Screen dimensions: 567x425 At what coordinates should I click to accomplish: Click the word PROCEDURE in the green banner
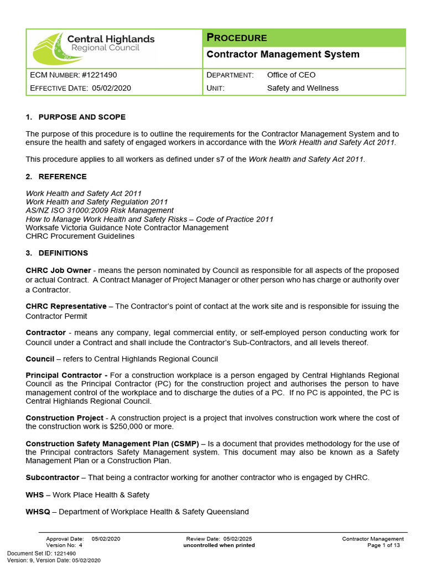pyautogui.click(x=237, y=38)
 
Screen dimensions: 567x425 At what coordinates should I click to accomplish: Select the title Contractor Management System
pyautogui.click(x=282, y=54)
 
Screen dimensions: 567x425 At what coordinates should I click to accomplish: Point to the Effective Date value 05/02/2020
pyautogui.click(x=111, y=88)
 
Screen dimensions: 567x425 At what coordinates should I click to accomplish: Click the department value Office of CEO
pyautogui.click(x=291, y=75)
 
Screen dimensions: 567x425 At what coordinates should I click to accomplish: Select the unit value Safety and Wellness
pyautogui.click(x=303, y=88)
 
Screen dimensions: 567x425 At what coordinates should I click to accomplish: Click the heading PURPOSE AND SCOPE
pyautogui.click(x=82, y=117)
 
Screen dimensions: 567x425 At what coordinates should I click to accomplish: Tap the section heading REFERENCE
pyautogui.click(x=63, y=177)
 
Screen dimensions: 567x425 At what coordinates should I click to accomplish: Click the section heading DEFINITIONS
pyautogui.click(x=63, y=253)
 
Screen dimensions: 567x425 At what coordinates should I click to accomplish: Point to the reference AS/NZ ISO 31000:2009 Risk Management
pyautogui.click(x=100, y=210)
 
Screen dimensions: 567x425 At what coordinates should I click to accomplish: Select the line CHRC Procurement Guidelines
pyautogui.click(x=80, y=236)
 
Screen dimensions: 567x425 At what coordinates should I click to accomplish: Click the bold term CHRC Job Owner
pyautogui.click(x=58, y=270)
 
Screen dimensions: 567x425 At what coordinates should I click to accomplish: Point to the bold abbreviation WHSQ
pyautogui.click(x=38, y=512)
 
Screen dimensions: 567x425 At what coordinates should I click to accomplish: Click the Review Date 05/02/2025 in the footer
pyautogui.click(x=237, y=539)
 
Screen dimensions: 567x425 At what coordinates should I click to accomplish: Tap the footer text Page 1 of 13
pyautogui.click(x=383, y=545)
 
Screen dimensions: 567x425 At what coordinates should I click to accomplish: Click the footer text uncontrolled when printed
pyautogui.click(x=219, y=545)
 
